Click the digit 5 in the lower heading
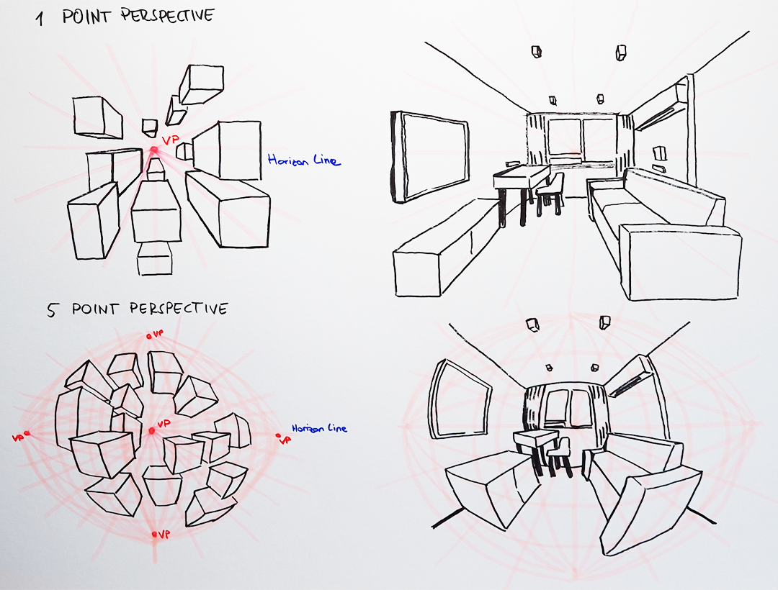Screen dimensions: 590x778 tap(52, 311)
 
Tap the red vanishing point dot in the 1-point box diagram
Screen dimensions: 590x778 tap(153, 150)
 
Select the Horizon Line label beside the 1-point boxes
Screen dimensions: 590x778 tap(303, 160)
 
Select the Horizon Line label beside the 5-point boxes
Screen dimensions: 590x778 tap(319, 428)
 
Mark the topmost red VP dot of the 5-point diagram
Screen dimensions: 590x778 tap(149, 336)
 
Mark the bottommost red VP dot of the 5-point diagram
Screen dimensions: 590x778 tap(154, 535)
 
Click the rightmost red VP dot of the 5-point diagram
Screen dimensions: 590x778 tap(278, 435)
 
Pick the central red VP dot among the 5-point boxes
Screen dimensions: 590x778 tap(152, 431)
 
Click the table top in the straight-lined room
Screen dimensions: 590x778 tap(521, 173)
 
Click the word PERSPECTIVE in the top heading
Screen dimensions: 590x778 tap(166, 16)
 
